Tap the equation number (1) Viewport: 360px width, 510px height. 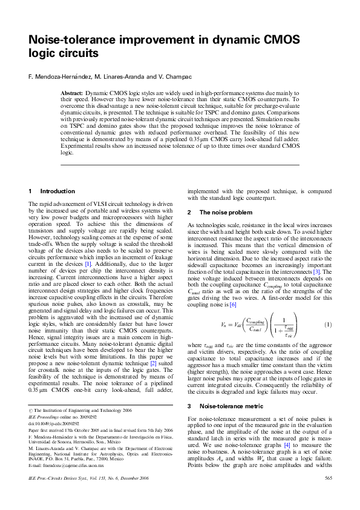click(328, 325)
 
